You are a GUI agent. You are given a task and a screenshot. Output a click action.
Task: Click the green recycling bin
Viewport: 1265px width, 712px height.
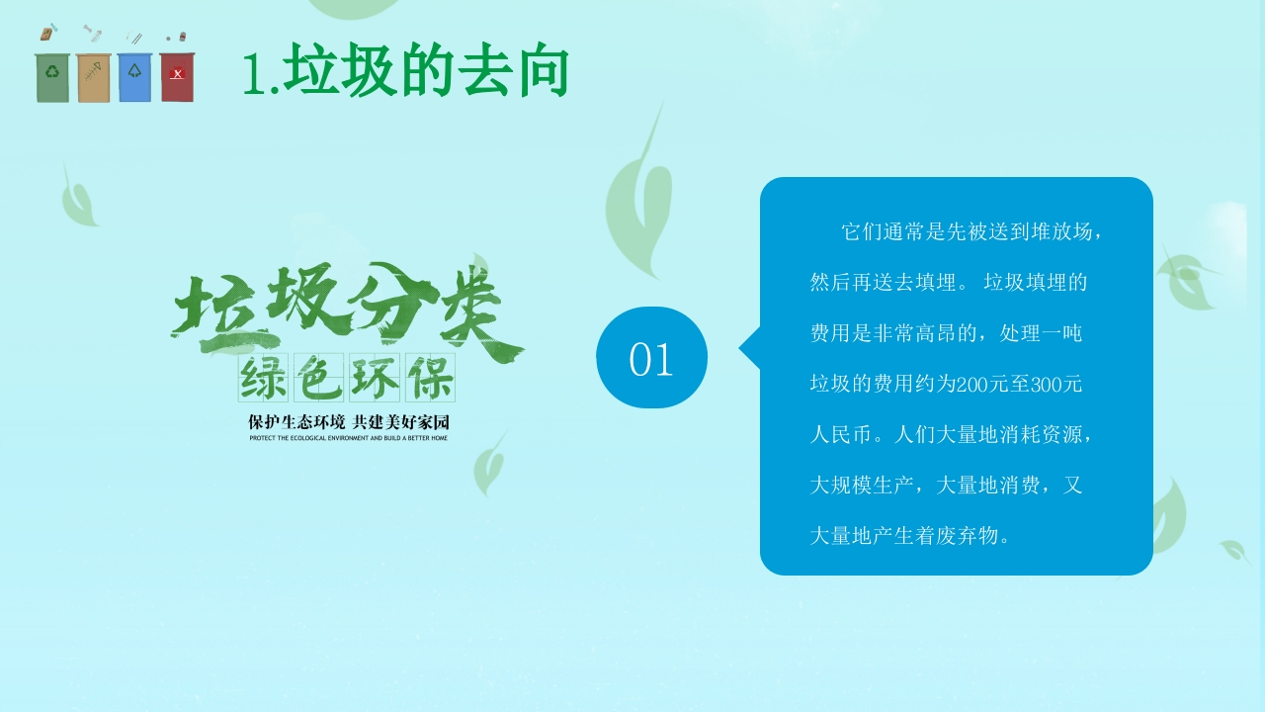(x=52, y=78)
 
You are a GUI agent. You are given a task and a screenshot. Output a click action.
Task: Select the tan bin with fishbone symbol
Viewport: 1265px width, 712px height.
(x=93, y=78)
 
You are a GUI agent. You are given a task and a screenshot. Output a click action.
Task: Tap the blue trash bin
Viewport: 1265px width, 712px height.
(x=135, y=78)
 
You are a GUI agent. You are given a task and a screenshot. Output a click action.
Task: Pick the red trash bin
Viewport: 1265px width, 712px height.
(x=177, y=77)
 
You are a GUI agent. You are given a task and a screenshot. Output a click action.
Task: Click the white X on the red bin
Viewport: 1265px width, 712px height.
(x=177, y=74)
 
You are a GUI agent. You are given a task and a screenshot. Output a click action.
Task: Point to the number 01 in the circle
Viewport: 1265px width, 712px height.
(x=651, y=359)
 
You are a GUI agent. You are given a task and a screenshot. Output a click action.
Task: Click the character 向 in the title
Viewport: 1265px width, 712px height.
(x=543, y=70)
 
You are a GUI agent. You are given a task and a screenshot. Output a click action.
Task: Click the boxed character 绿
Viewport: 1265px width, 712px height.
(x=263, y=378)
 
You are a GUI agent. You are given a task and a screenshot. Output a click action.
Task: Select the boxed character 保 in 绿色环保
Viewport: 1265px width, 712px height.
(x=430, y=378)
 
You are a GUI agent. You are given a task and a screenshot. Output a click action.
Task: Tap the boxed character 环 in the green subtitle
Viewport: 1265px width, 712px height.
(x=375, y=378)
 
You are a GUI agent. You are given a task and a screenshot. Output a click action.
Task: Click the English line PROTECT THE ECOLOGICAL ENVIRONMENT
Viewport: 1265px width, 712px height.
(x=349, y=438)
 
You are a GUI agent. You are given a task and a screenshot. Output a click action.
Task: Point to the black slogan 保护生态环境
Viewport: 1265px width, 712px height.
(x=296, y=422)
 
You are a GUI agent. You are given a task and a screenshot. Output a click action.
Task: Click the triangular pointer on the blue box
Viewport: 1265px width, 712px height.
(x=750, y=348)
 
